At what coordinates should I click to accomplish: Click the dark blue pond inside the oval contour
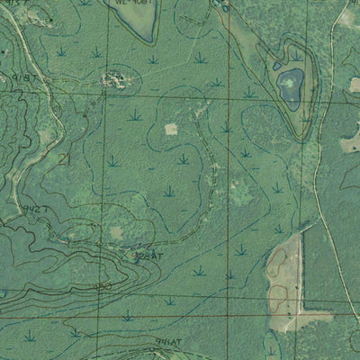[x=289, y=87]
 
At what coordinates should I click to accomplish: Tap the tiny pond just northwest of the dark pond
[x=276, y=66]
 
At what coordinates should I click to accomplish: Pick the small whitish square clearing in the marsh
[x=171, y=129]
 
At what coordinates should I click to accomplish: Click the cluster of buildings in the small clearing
[x=114, y=80]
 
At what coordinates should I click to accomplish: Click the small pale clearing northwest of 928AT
[x=116, y=233]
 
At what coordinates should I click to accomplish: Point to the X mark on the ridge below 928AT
[x=104, y=287]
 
